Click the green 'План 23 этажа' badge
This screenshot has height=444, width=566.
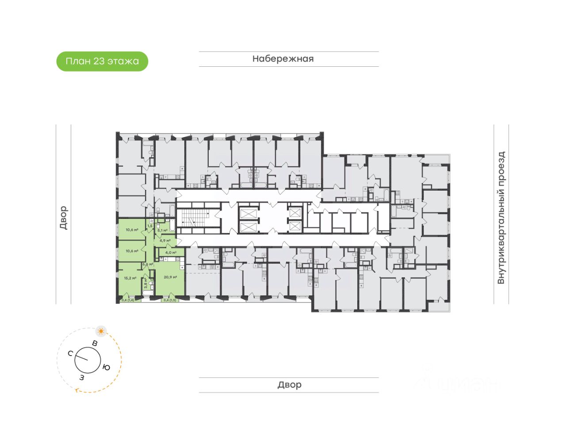pos(102,61)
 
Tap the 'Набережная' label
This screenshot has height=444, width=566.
pos(283,59)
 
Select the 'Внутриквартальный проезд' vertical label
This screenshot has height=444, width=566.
pos(501,218)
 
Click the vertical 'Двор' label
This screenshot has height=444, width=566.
pos(63,218)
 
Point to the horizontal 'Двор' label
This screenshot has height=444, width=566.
pos(289,385)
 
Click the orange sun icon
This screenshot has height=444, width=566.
pos(101,331)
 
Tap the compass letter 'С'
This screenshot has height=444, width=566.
pos(70,353)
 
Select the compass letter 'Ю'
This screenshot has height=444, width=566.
pos(106,367)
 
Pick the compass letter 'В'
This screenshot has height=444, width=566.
pos(95,343)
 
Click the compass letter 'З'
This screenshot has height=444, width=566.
pos(82,378)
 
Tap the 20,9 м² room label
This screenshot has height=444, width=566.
pos(170,277)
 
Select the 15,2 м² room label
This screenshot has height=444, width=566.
pos(130,278)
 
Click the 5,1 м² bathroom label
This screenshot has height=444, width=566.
pos(162,230)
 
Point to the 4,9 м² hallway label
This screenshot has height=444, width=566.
pos(165,241)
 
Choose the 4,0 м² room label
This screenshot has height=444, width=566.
pos(171,253)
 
